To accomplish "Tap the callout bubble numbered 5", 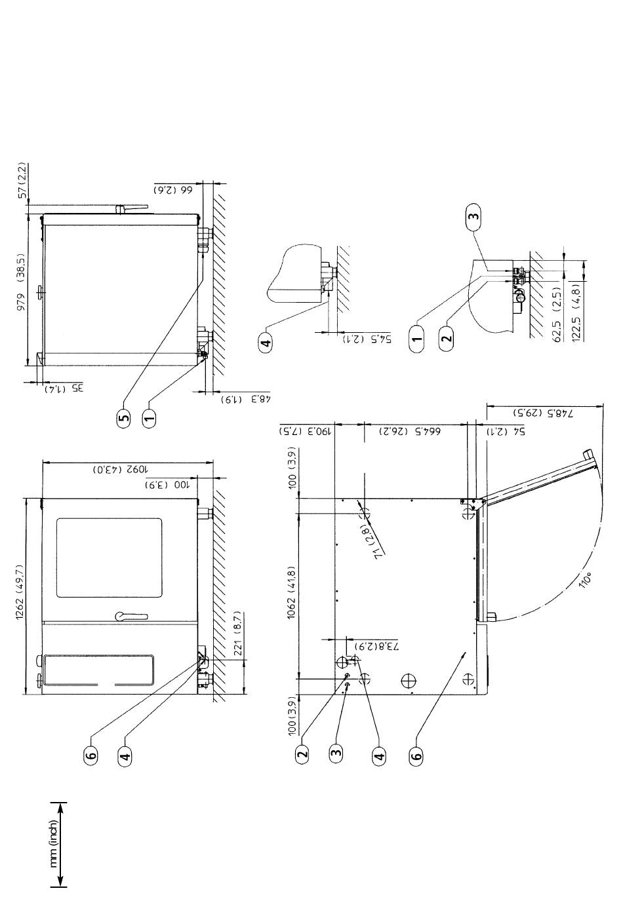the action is click(x=124, y=417).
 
